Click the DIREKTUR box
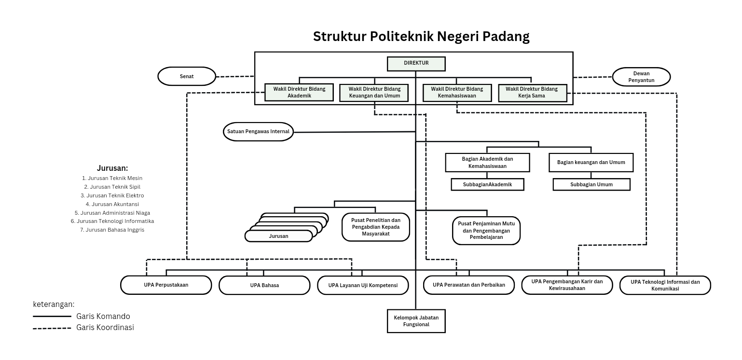(x=416, y=64)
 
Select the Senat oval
(x=187, y=76)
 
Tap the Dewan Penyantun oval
(x=641, y=77)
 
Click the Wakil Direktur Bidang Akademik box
(x=299, y=92)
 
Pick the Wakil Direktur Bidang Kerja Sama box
(x=532, y=92)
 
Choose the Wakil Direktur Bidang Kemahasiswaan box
(x=456, y=92)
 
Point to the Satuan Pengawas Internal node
(x=258, y=131)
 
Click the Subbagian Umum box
(x=591, y=184)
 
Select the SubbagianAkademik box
(x=487, y=184)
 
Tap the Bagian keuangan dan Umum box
(x=591, y=163)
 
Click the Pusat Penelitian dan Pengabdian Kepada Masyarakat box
(x=375, y=227)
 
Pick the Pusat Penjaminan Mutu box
(x=486, y=230)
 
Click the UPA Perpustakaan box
(x=166, y=285)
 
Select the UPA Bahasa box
(x=264, y=285)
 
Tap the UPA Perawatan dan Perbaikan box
(x=468, y=285)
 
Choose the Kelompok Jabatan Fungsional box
(x=416, y=321)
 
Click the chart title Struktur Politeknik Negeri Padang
(x=421, y=37)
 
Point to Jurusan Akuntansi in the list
(x=112, y=204)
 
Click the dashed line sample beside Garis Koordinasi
(x=52, y=328)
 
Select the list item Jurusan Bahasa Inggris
(x=112, y=230)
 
